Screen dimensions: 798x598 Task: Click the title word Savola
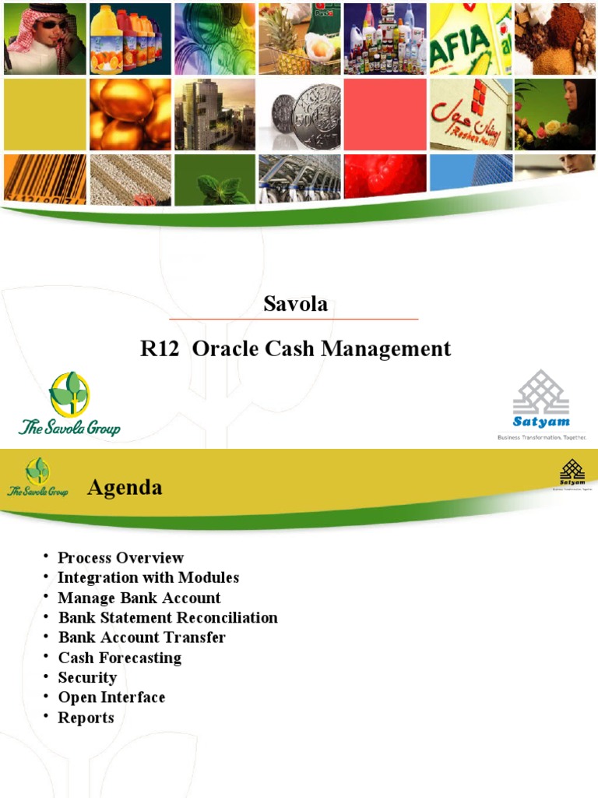[x=295, y=304]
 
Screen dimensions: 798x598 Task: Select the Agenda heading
[x=125, y=488]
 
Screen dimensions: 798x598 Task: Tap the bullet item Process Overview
[x=121, y=558]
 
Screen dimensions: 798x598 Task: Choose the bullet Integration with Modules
[x=148, y=578]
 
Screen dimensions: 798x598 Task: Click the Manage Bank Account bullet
[x=139, y=598]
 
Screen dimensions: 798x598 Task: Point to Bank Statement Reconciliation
[x=167, y=618]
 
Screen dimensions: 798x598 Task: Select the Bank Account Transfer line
[x=142, y=637]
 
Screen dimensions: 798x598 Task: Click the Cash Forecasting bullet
[x=120, y=658]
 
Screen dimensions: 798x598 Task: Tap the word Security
[x=87, y=678]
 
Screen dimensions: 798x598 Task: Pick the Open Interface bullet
[x=111, y=697]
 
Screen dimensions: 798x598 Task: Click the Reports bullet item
[x=86, y=718]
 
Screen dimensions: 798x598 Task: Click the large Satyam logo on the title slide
[x=541, y=405]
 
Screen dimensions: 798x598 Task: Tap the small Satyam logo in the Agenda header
[x=572, y=474]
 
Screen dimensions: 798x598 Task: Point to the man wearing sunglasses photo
[x=44, y=38]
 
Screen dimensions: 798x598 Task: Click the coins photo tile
[x=300, y=114]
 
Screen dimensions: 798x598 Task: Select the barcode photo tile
[x=44, y=177]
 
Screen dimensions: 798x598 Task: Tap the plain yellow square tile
[x=44, y=114]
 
